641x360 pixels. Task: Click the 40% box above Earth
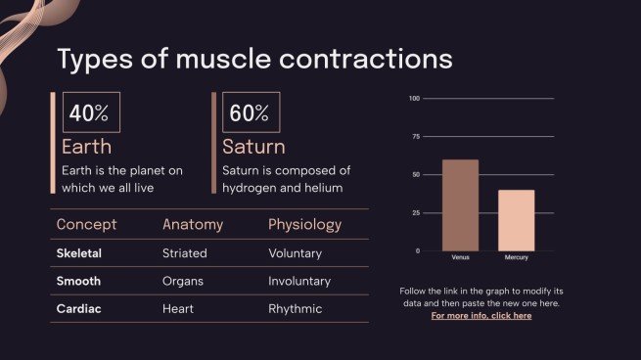coord(90,112)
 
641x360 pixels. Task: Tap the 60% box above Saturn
coord(251,112)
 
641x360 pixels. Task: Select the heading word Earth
coord(86,148)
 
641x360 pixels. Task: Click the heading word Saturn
coord(253,148)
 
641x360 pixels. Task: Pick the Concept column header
coord(86,224)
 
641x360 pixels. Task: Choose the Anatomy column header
coord(193,224)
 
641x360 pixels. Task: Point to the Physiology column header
coord(304,224)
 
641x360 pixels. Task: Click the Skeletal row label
coord(79,253)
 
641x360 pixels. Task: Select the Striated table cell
coord(185,253)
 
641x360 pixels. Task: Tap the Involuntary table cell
coord(299,281)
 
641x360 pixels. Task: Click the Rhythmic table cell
coord(296,308)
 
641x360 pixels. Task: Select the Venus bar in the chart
coord(460,205)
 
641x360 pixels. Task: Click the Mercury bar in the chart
coord(516,220)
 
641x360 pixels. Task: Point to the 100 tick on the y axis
coord(414,99)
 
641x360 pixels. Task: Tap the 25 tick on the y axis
coord(416,213)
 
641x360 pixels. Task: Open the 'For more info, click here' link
coord(481,316)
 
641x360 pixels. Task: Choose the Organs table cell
coord(183,281)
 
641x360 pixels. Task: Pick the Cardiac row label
coord(78,308)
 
